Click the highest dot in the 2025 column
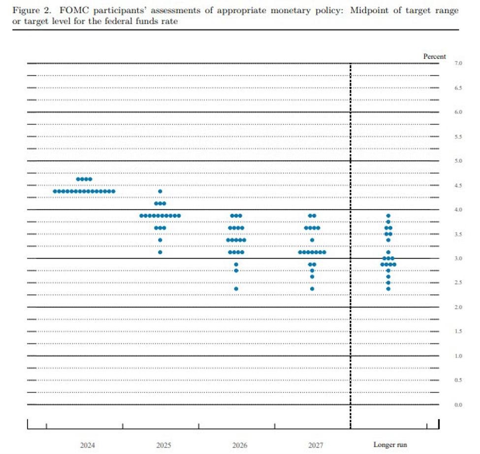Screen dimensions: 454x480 click(x=160, y=191)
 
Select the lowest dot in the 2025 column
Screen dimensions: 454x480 click(x=160, y=252)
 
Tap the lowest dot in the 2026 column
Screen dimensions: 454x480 click(x=236, y=289)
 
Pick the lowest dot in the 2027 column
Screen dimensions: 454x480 click(x=312, y=289)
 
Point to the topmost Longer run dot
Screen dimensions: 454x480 click(x=388, y=216)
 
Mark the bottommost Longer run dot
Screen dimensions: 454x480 click(x=388, y=289)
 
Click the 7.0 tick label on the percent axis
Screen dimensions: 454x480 click(x=458, y=64)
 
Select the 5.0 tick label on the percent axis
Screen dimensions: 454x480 click(x=458, y=161)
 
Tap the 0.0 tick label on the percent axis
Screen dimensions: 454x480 click(x=458, y=405)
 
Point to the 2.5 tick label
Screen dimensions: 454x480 click(x=458, y=283)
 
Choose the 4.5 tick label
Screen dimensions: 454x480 click(x=458, y=185)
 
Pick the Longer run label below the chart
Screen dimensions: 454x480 click(x=390, y=445)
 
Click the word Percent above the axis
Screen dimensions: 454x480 click(x=435, y=57)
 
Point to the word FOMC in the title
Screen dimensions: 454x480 click(x=71, y=11)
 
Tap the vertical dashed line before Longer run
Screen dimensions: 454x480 click(x=351, y=246)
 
